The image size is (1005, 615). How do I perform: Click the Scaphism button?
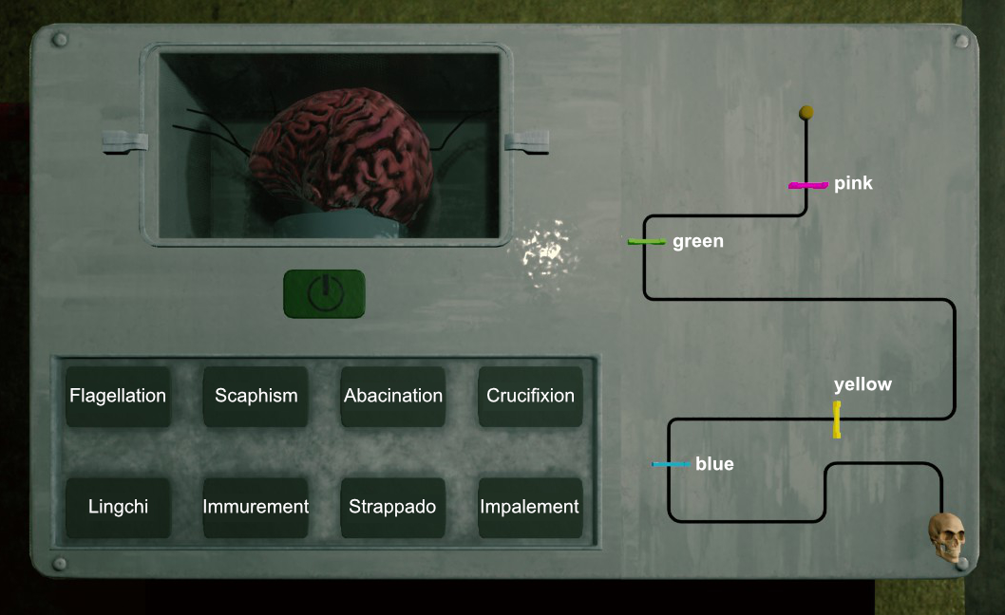click(x=256, y=396)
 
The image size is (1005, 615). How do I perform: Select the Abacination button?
click(x=393, y=396)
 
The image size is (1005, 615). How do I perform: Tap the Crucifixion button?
click(x=530, y=396)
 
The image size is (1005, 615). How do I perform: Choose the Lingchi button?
click(x=118, y=507)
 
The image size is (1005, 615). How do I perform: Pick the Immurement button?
click(x=256, y=507)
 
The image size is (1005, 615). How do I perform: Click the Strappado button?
click(x=392, y=507)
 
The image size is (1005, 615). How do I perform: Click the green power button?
click(x=324, y=293)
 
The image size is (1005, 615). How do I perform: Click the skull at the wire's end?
click(x=946, y=538)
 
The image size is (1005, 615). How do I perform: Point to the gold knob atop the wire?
click(x=806, y=112)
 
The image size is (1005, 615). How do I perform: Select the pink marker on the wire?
click(x=807, y=185)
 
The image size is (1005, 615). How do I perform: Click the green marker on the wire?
click(x=646, y=242)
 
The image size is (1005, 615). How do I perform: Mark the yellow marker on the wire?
click(x=837, y=419)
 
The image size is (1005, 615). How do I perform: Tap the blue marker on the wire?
click(x=671, y=464)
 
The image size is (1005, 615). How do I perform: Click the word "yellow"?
click(x=863, y=384)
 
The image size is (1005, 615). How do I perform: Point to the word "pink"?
click(x=853, y=184)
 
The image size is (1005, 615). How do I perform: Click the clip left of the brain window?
click(x=126, y=142)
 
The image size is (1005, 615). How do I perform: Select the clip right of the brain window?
click(x=527, y=143)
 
